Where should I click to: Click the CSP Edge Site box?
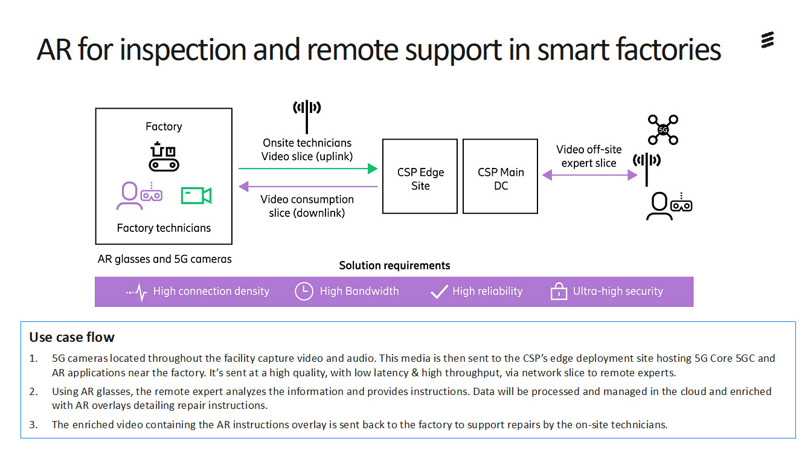pyautogui.click(x=420, y=176)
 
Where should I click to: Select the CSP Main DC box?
pyautogui.click(x=500, y=176)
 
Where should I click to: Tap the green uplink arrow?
pyautogui.click(x=307, y=169)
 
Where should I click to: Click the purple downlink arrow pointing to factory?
pyautogui.click(x=307, y=187)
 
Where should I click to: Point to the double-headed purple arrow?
pyautogui.click(x=589, y=175)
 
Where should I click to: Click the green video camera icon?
pyautogui.click(x=196, y=196)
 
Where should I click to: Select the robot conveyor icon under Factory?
pyautogui.click(x=164, y=157)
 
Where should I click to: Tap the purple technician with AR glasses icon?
pyautogui.click(x=138, y=196)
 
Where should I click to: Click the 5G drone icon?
pyautogui.click(x=662, y=130)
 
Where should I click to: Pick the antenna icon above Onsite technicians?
pyautogui.click(x=307, y=114)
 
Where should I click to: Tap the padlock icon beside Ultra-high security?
pyautogui.click(x=559, y=292)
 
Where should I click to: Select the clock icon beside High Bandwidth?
pyautogui.click(x=304, y=291)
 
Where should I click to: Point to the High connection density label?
pyautogui.click(x=211, y=291)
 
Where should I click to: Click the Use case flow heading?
pyautogui.click(x=71, y=337)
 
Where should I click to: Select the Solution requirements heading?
pyautogui.click(x=394, y=265)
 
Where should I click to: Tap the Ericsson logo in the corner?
pyautogui.click(x=767, y=41)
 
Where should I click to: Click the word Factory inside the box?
pyautogui.click(x=164, y=126)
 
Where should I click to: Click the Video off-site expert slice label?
pyautogui.click(x=589, y=156)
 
